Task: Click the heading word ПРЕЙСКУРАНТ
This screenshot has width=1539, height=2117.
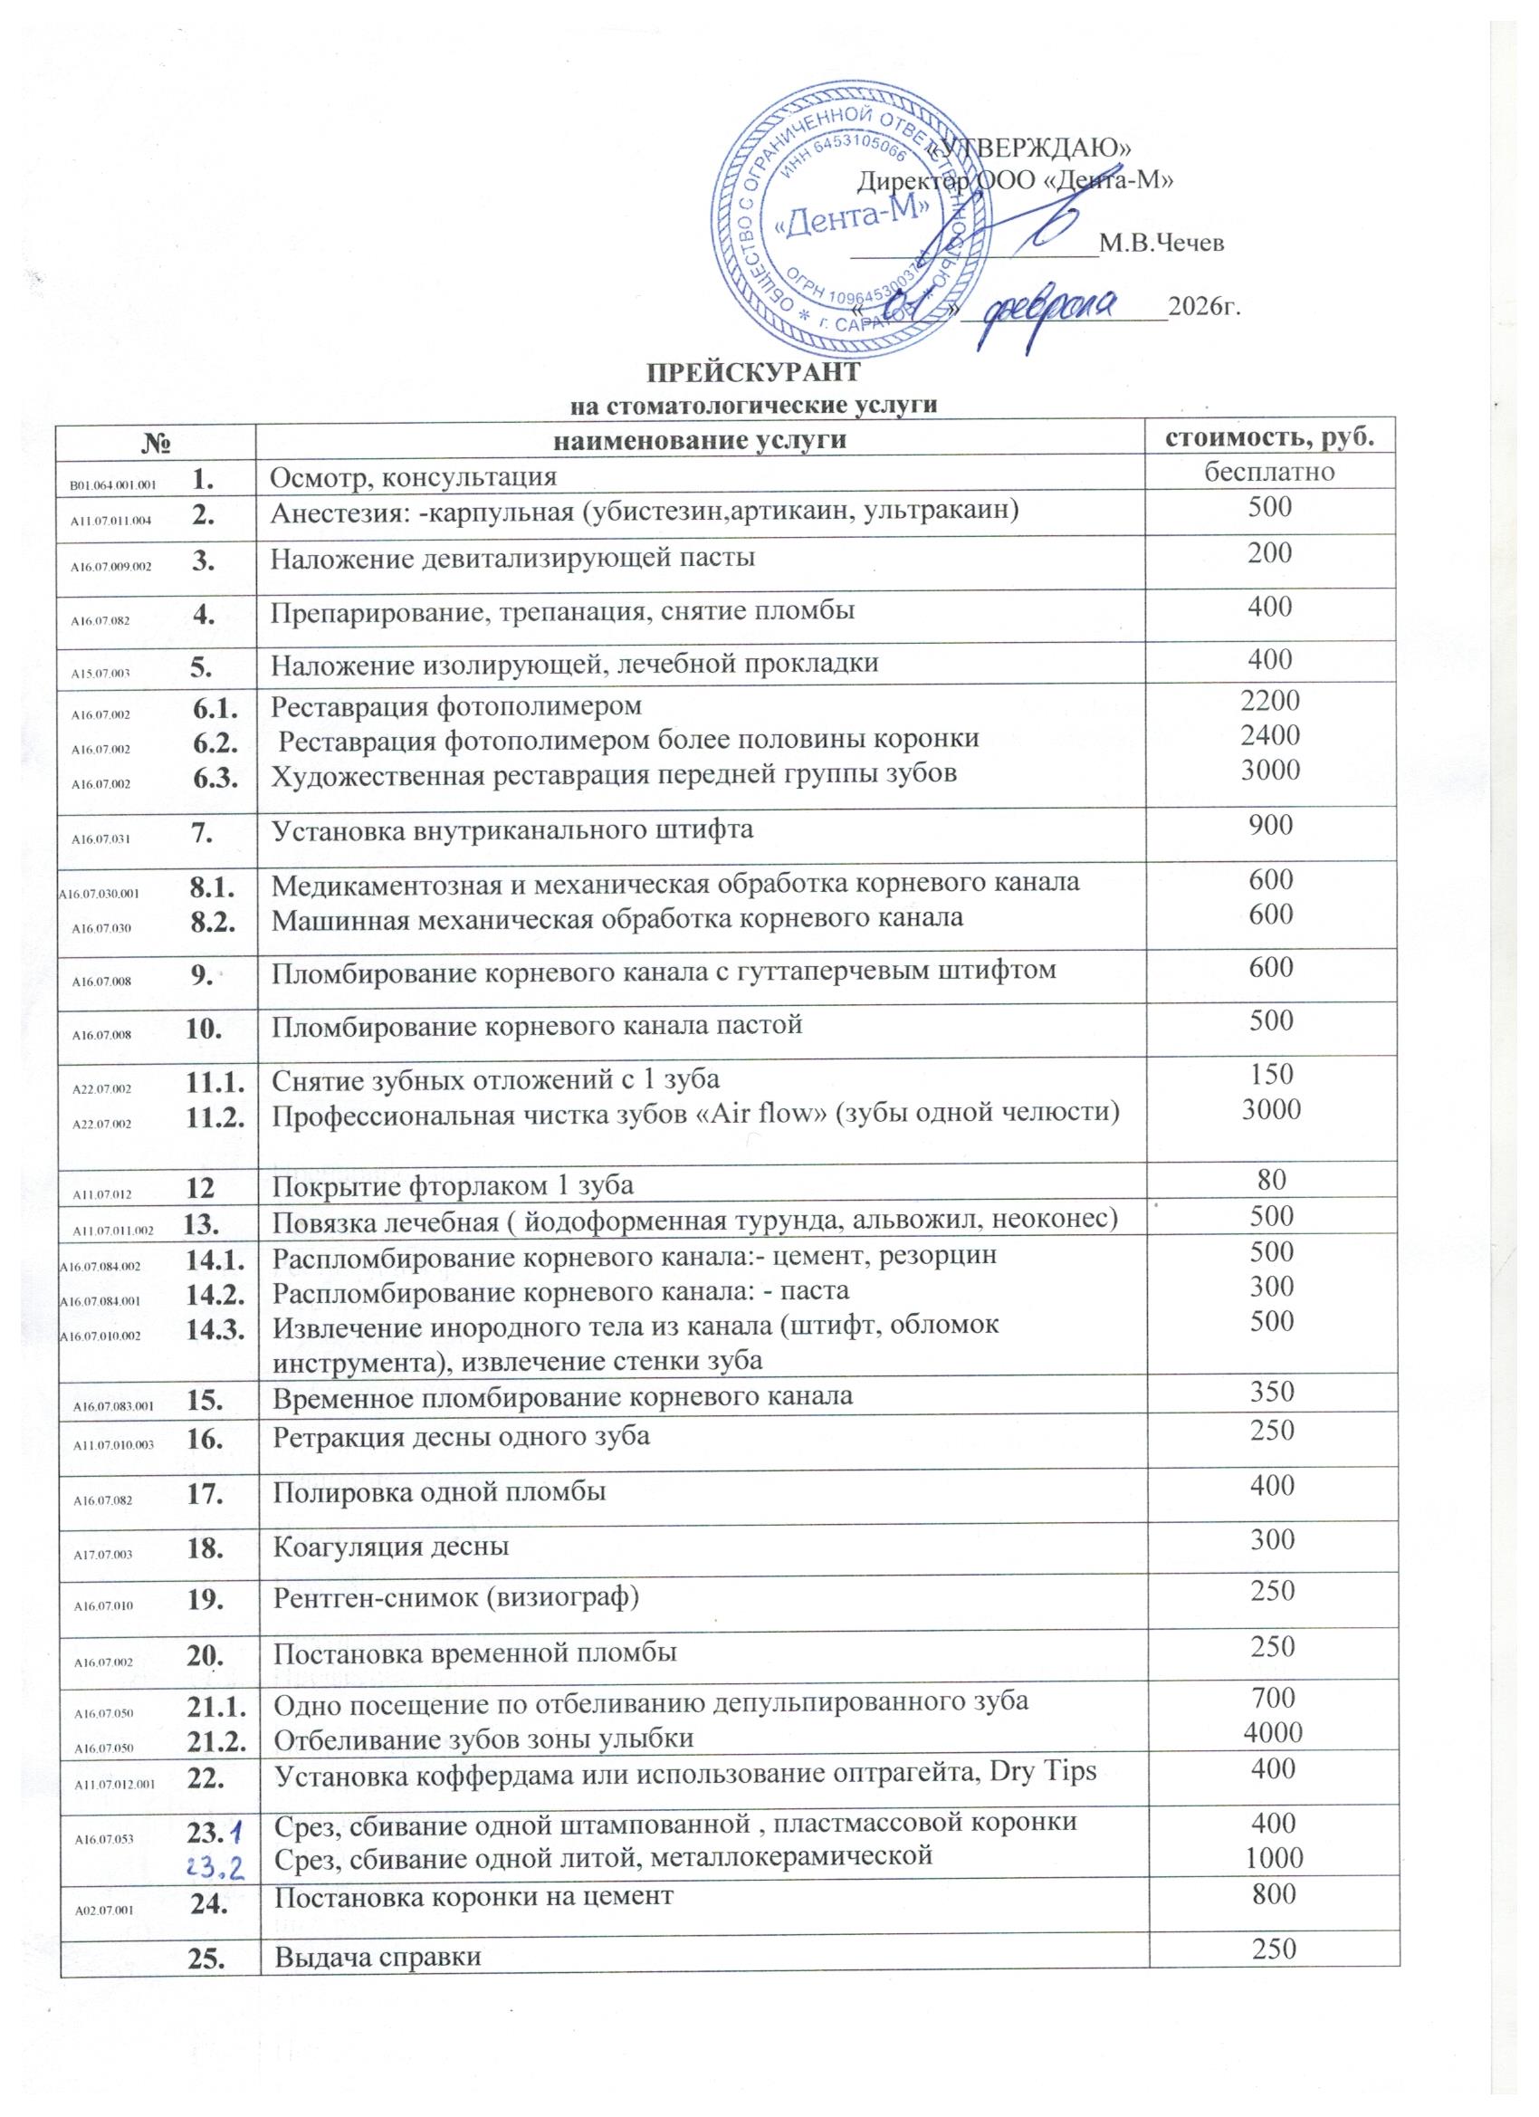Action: [752, 372]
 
